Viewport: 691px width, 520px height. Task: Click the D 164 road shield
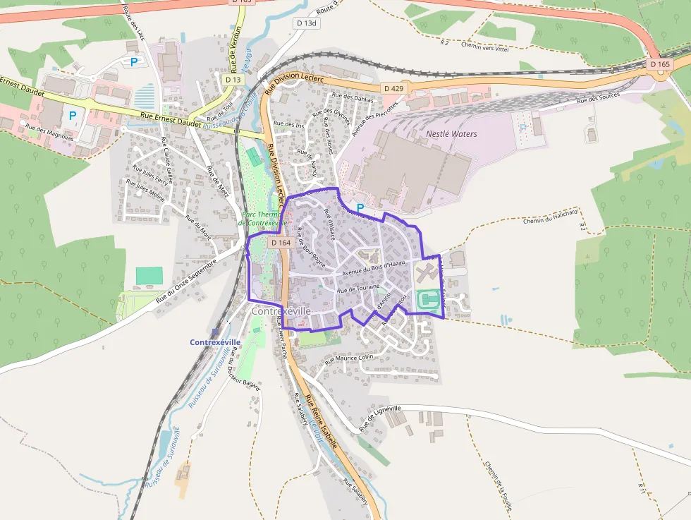tap(281, 243)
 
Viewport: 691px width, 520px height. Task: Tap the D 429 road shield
tap(395, 88)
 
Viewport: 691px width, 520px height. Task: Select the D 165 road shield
tap(660, 64)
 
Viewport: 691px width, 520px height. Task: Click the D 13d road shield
tap(307, 23)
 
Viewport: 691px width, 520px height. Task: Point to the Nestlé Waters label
tap(451, 133)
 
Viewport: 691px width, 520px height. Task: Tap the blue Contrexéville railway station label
tap(215, 342)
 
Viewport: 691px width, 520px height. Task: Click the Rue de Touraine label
tap(358, 289)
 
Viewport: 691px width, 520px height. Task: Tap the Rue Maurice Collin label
tap(348, 358)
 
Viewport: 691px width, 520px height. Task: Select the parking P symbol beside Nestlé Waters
tap(360, 208)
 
